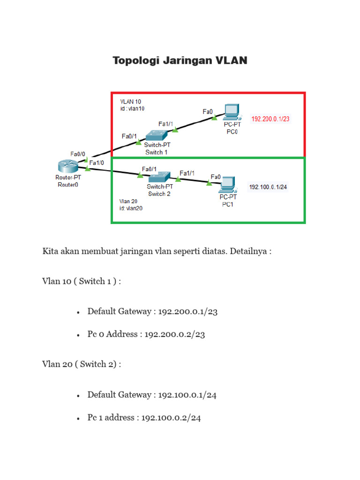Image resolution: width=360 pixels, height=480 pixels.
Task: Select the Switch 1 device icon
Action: point(156,135)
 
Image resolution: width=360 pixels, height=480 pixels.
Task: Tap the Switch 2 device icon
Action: point(160,178)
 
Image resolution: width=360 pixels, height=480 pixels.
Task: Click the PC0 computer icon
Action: point(231,112)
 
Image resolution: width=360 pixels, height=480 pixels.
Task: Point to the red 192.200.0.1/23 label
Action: point(270,119)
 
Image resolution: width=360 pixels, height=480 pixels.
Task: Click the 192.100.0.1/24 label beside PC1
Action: point(268,187)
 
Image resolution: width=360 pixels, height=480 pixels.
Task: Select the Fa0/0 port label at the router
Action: point(78,154)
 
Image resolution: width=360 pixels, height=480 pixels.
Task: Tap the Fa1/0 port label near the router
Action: point(97,163)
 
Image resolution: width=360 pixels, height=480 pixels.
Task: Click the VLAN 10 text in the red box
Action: point(130,101)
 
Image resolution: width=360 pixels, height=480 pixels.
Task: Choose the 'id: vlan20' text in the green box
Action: point(131,208)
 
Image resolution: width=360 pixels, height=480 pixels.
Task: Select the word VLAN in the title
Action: point(231,60)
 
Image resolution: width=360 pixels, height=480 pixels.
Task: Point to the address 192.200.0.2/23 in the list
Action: point(174,334)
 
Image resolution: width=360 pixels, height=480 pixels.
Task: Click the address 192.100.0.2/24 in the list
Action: point(171,418)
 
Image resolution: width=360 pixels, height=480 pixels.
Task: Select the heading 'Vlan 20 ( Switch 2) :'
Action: point(82,364)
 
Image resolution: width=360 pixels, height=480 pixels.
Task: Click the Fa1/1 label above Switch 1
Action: point(166,124)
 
